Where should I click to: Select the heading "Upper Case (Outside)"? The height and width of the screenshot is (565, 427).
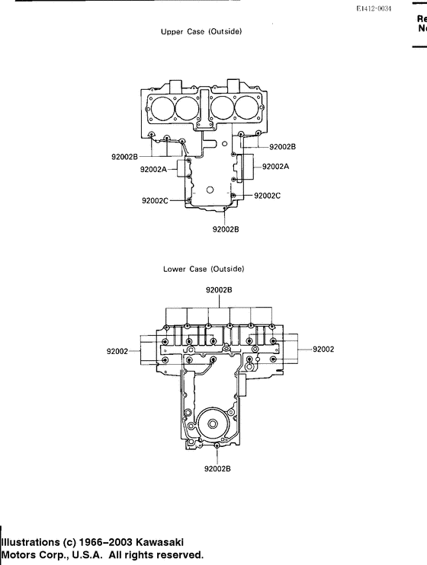point(201,32)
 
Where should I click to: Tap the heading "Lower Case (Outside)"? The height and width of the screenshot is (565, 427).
point(203,269)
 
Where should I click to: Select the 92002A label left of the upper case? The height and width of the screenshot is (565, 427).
point(153,170)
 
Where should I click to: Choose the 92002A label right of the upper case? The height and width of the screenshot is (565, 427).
point(275,166)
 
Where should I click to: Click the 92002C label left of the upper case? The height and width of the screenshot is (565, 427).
point(155,201)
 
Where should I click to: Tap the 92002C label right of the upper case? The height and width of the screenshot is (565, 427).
point(267,196)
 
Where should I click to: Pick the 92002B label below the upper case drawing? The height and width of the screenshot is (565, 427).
point(226,228)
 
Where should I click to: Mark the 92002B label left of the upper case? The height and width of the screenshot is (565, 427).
point(125,157)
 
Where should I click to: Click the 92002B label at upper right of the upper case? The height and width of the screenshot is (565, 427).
point(282,145)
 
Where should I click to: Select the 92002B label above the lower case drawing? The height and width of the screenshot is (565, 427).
point(219,290)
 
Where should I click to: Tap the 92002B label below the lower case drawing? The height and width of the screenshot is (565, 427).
point(217,469)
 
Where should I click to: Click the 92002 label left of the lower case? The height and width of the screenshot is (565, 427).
point(117,351)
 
